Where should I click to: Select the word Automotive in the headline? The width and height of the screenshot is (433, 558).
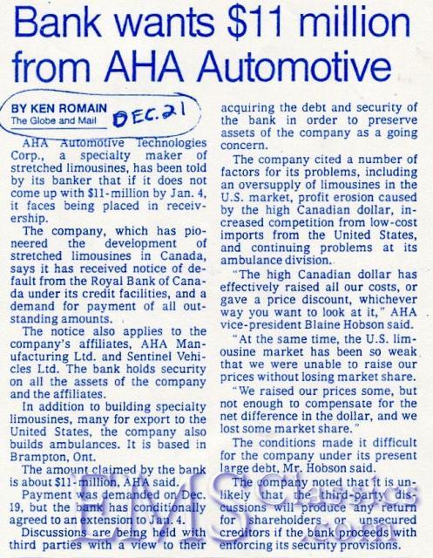click(x=297, y=66)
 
